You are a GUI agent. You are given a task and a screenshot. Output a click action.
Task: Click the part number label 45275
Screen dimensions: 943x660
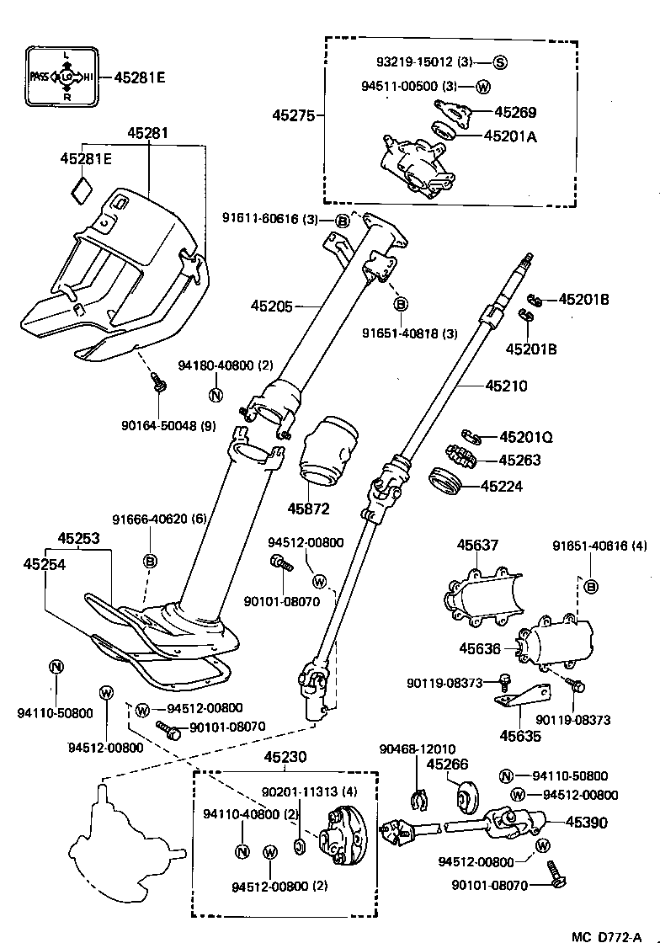292,114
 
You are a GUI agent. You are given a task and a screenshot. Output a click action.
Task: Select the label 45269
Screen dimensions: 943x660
515,112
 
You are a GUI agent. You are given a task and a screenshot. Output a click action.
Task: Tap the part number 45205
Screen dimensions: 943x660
271,306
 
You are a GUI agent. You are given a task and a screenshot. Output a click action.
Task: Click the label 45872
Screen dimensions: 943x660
308,509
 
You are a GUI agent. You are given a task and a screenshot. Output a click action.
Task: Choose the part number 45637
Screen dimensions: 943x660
477,546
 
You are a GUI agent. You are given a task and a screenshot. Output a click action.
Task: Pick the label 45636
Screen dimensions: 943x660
480,649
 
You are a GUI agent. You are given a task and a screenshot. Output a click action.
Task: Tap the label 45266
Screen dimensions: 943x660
447,765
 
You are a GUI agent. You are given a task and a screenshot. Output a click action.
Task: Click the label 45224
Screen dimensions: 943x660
503,486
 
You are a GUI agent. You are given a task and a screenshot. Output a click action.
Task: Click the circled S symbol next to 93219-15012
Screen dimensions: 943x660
499,62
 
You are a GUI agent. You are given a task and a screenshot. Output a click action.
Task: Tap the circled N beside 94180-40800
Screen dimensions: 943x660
216,396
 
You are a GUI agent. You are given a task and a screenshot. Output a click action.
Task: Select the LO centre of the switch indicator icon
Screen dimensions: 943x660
67,77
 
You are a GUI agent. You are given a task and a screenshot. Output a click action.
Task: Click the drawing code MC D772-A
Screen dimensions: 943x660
613,935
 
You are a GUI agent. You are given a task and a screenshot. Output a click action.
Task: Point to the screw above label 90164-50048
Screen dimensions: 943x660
157,384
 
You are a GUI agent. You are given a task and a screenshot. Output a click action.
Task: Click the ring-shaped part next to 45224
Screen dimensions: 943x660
445,484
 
